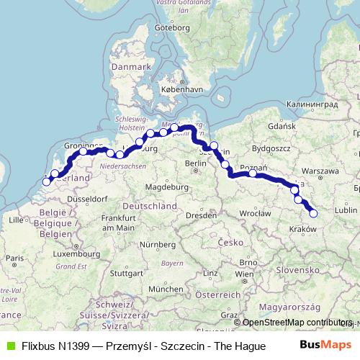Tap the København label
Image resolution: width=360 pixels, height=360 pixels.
coord(178,89)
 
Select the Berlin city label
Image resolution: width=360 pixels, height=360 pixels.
coord(195,164)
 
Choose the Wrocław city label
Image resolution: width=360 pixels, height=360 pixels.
coord(255,213)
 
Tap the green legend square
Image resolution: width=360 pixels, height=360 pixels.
coord(9,346)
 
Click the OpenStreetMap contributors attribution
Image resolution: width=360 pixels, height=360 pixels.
coord(292,323)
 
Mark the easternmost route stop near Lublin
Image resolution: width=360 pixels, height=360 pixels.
coord(313,212)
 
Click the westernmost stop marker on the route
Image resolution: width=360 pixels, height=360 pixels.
coord(47,181)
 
